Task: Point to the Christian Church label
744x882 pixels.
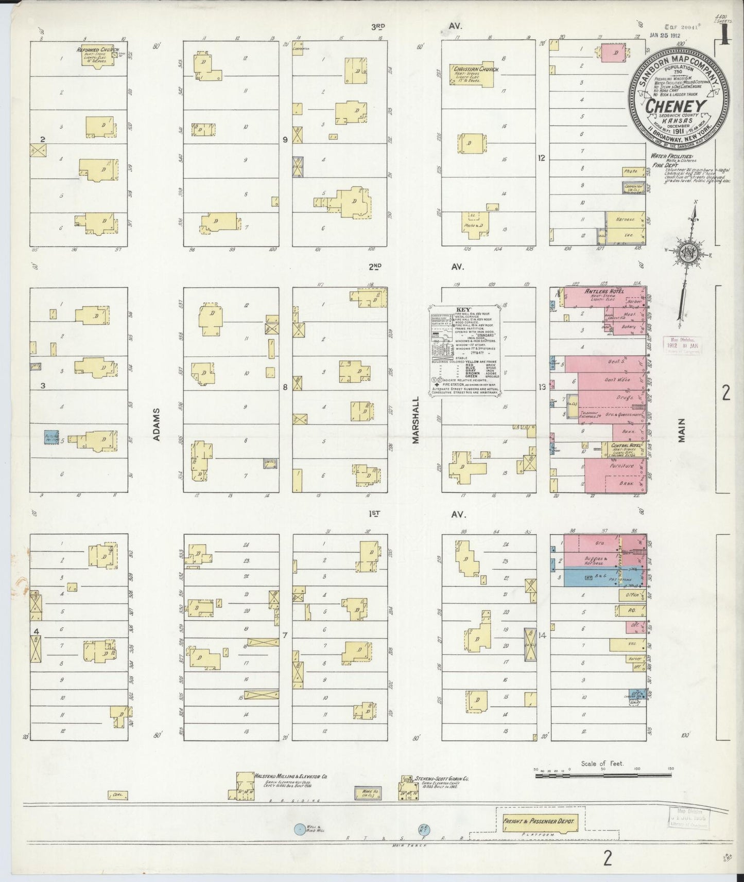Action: pos(469,68)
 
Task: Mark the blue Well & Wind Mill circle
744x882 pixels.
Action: pos(299,829)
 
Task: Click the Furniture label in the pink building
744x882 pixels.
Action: pos(621,466)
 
